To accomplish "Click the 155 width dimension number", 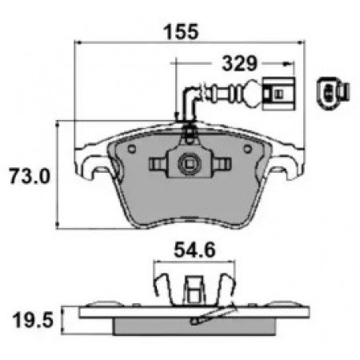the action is point(182,32).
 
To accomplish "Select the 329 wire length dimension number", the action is point(240,64).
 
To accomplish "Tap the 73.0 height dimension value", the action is point(30,176).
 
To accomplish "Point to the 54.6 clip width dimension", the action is point(194,250).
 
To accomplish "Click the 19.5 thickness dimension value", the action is point(33,320).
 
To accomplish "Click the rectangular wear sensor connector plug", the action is point(278,94).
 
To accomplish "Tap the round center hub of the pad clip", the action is point(190,164).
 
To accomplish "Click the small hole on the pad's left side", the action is point(132,149).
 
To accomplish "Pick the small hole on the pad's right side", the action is point(248,149).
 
